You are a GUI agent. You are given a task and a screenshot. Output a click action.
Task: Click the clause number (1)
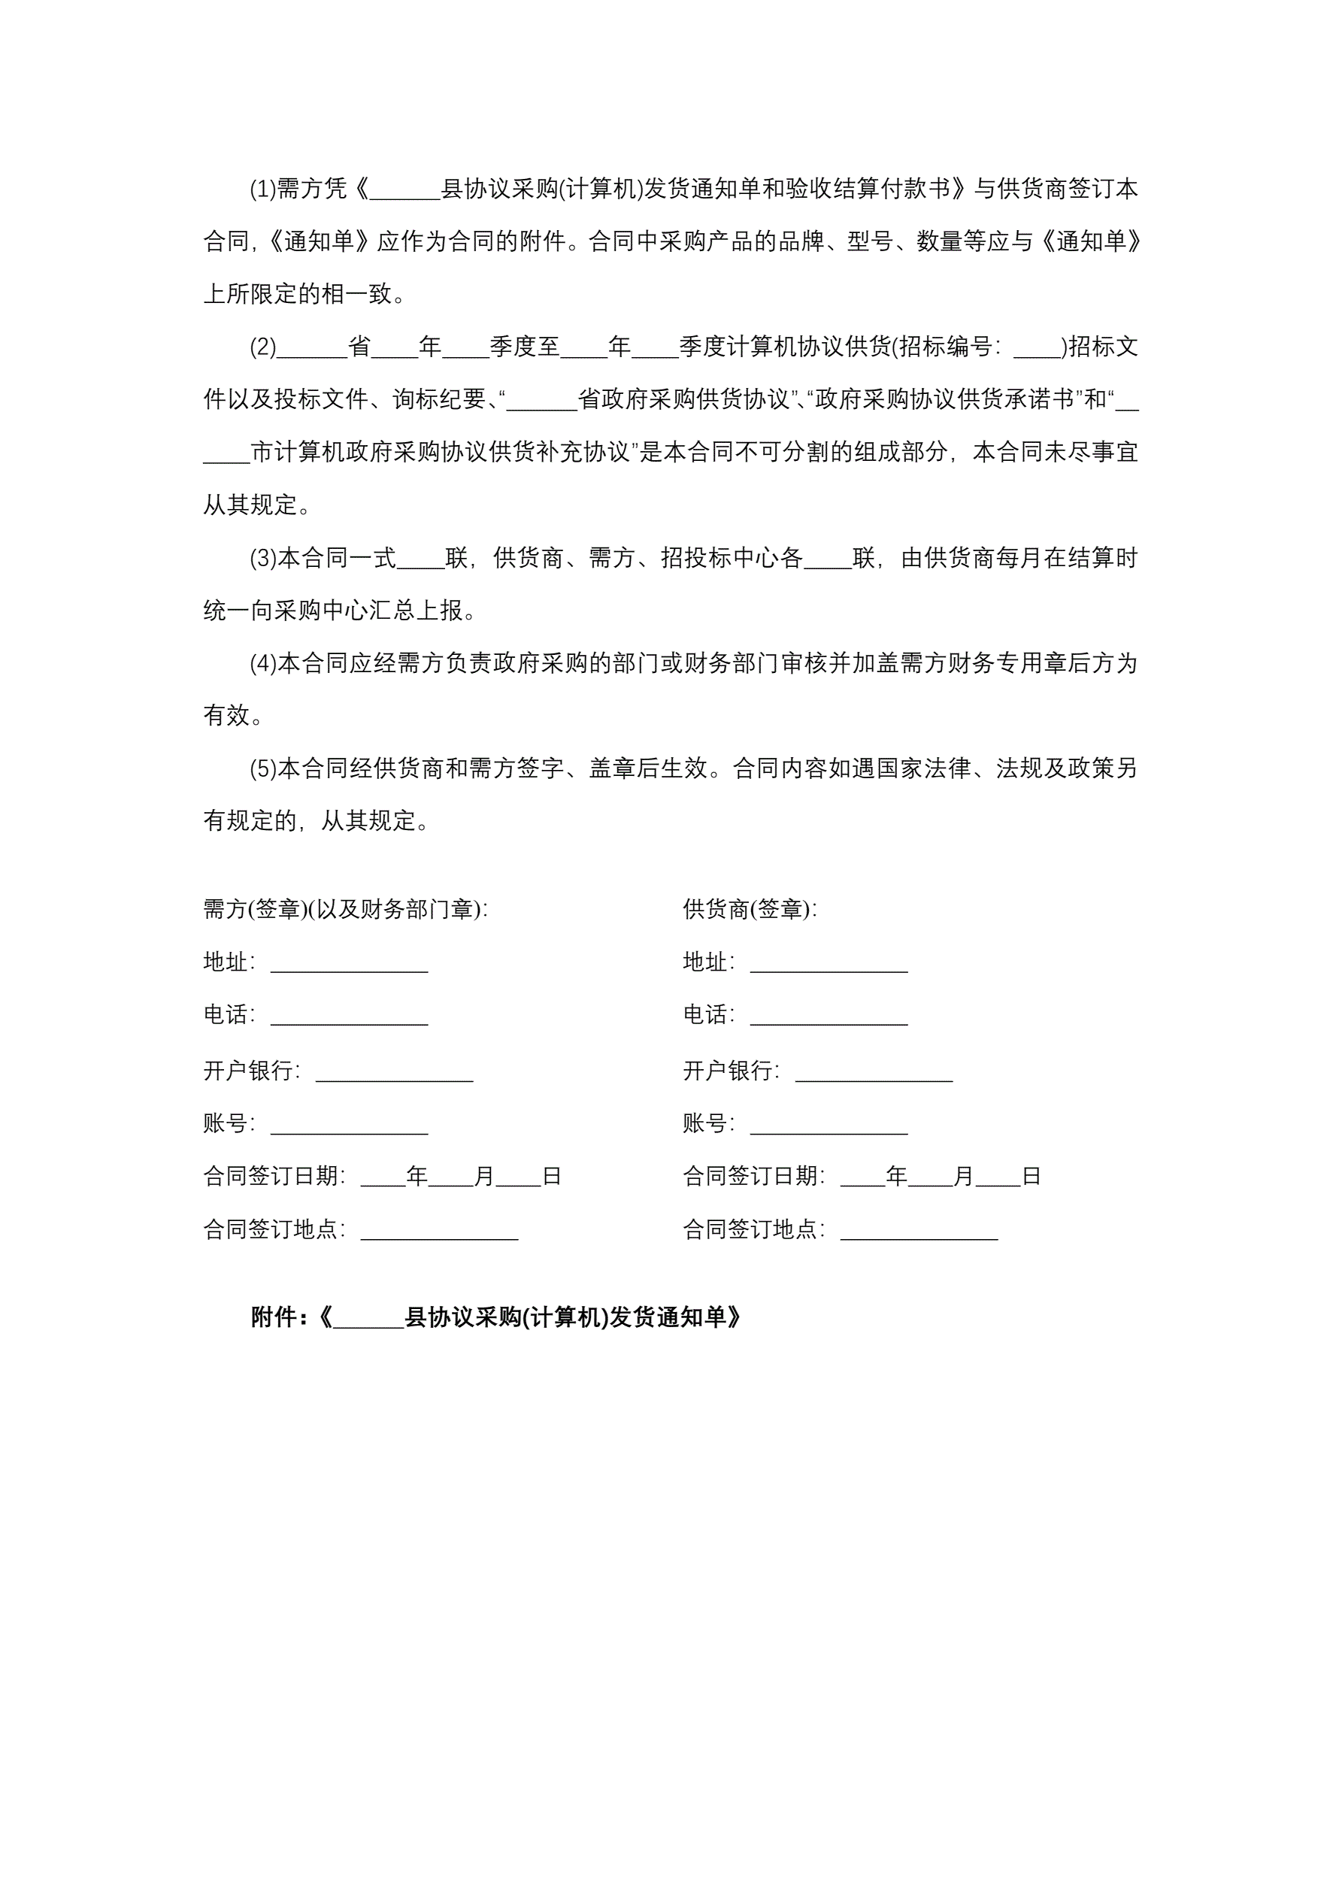point(263,189)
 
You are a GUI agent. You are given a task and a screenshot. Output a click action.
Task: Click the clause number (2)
point(263,347)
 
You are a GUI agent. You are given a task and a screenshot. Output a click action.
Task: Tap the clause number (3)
point(263,559)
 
